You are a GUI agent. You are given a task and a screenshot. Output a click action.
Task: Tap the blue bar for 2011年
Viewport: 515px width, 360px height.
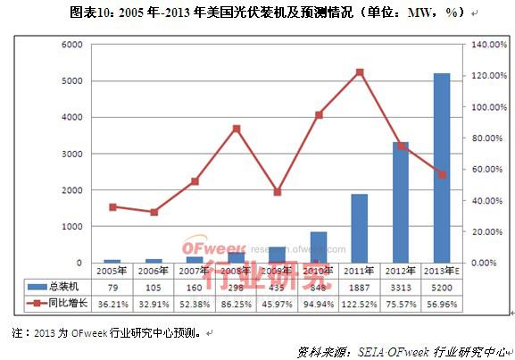click(x=359, y=228)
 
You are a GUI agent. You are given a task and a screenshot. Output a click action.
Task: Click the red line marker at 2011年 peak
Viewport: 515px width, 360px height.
click(x=359, y=72)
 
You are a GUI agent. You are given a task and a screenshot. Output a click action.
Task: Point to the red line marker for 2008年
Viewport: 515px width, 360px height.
click(x=237, y=129)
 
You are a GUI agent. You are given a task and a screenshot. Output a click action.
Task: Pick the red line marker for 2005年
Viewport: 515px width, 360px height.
click(x=112, y=206)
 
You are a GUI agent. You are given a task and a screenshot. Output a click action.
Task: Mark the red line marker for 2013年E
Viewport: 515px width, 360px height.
click(x=441, y=174)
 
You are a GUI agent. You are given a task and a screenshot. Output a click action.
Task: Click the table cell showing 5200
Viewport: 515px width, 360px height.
click(x=441, y=287)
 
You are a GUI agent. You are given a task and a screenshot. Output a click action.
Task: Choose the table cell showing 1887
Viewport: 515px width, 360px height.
click(x=359, y=287)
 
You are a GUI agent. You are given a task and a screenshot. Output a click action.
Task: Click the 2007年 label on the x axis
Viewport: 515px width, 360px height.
click(x=195, y=269)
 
